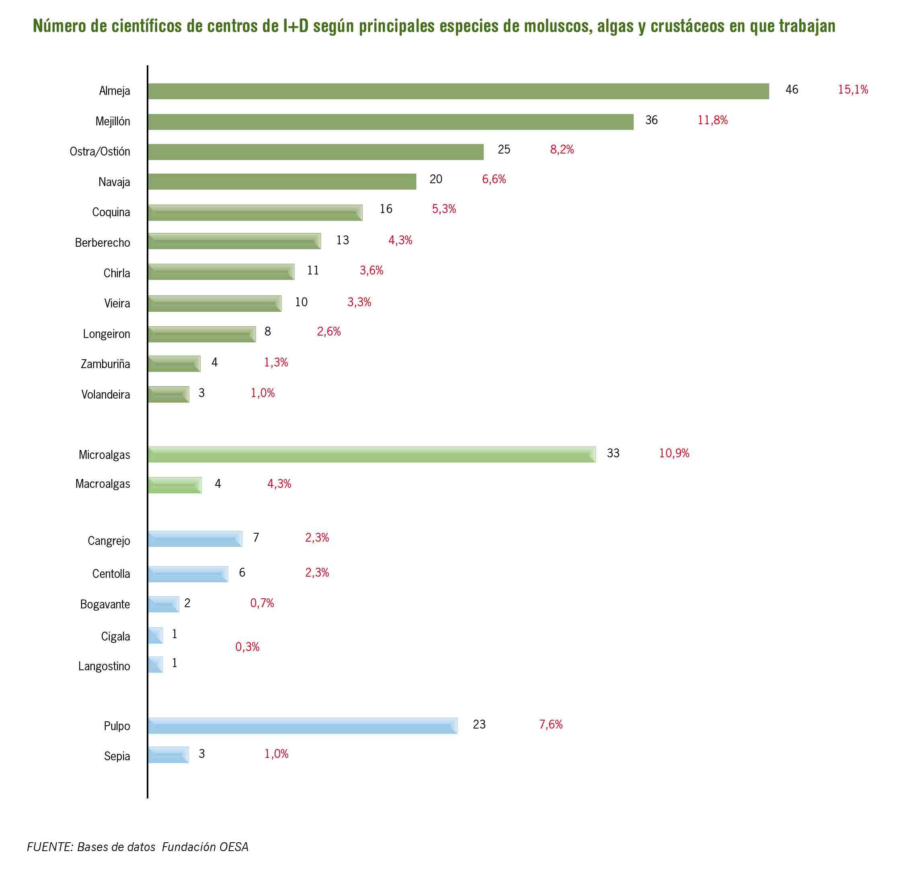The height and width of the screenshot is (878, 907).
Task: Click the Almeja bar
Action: [458, 91]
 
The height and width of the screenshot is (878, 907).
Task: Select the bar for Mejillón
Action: [390, 122]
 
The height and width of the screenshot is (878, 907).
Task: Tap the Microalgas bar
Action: [371, 454]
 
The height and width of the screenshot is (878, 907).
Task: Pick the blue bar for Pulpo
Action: [303, 725]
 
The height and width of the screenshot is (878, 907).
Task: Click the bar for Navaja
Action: [282, 181]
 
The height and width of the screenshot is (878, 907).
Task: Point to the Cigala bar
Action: [156, 635]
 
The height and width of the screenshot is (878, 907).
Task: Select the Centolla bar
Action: [188, 574]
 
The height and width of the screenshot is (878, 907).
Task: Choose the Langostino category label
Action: [104, 666]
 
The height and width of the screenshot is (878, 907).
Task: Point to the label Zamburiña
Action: [105, 364]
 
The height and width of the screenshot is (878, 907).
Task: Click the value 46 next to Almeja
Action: [792, 89]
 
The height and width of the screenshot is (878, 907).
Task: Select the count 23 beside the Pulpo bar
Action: [479, 724]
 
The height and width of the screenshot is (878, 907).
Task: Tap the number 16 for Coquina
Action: [386, 209]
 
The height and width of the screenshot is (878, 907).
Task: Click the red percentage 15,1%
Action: [853, 89]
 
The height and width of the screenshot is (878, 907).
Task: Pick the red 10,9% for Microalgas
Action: [674, 453]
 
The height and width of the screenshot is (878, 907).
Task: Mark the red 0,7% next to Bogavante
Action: [262, 603]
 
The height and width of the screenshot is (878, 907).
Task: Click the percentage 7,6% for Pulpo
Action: [551, 724]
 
